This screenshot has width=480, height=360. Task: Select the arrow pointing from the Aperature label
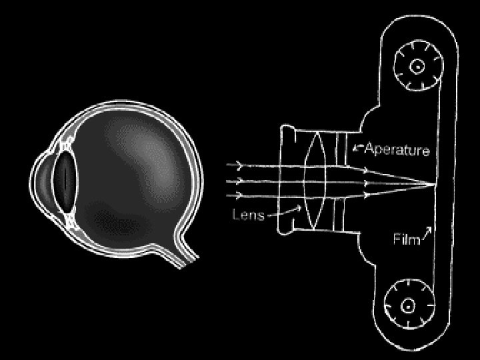pyautogui.click(x=357, y=149)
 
